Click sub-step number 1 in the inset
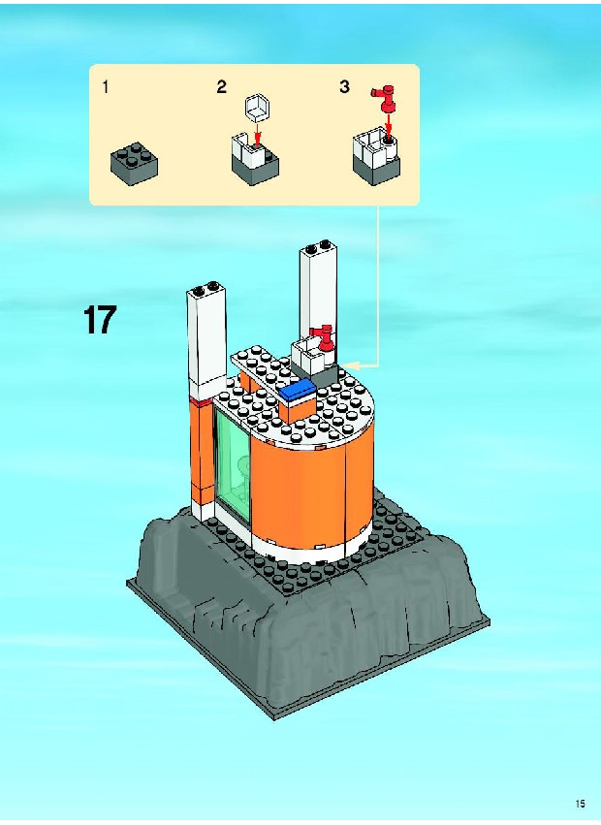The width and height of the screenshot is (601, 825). pyautogui.click(x=106, y=87)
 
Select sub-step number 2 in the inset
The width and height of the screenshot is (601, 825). pyautogui.click(x=222, y=87)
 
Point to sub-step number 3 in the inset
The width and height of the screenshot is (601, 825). pyautogui.click(x=345, y=87)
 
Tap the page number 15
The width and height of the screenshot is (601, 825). pyautogui.click(x=581, y=804)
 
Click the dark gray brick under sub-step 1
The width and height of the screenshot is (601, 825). pyautogui.click(x=134, y=163)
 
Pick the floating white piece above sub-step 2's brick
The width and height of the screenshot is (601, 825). pyautogui.click(x=257, y=106)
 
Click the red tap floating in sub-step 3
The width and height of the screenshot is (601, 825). pyautogui.click(x=386, y=99)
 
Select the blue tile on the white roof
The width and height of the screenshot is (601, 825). pyautogui.click(x=299, y=391)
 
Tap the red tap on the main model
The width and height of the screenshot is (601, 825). pyautogui.click(x=323, y=338)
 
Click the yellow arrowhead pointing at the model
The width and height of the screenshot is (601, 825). pyautogui.click(x=349, y=365)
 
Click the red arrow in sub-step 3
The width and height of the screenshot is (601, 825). pyautogui.click(x=389, y=125)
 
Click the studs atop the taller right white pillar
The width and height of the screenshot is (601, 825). pyautogui.click(x=319, y=245)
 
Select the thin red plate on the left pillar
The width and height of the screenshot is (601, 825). pyautogui.click(x=201, y=402)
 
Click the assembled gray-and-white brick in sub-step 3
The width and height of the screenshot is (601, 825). pyautogui.click(x=376, y=156)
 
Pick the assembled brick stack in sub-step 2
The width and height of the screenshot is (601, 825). pyautogui.click(x=255, y=158)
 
